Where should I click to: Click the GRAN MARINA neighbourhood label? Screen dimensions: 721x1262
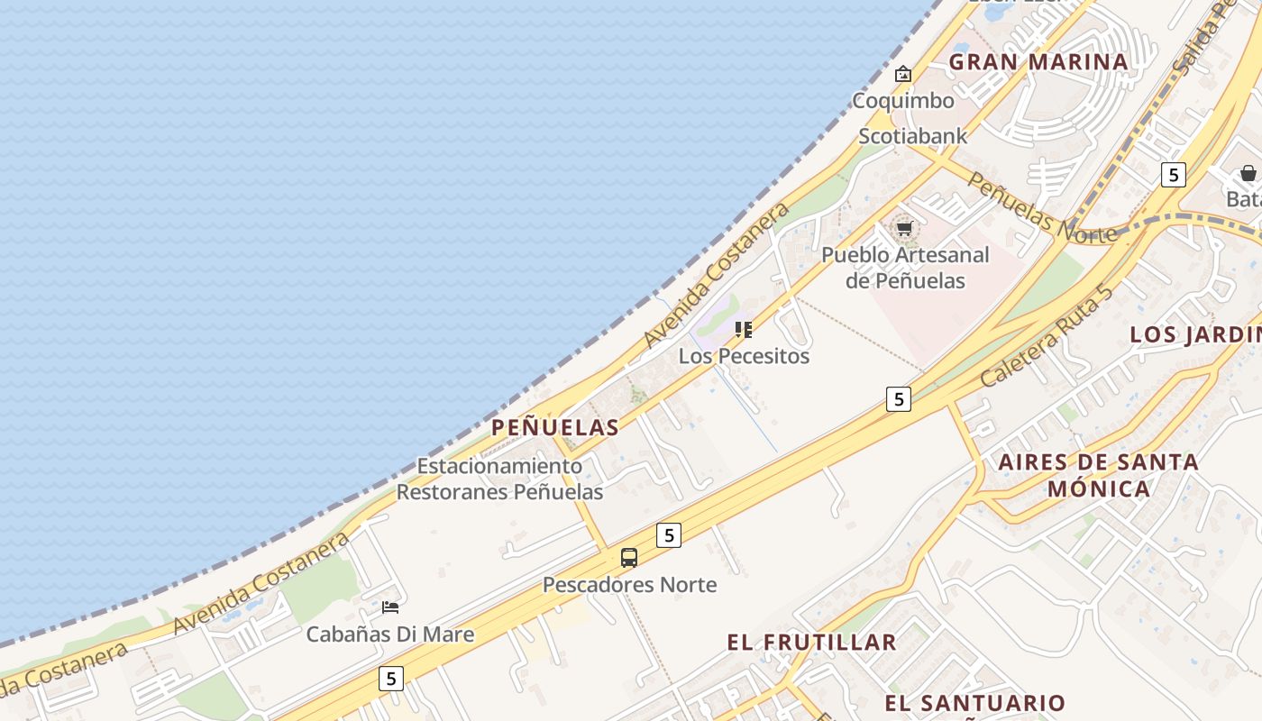pyautogui.click(x=1038, y=62)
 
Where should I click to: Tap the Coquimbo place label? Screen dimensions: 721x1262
pyautogui.click(x=902, y=101)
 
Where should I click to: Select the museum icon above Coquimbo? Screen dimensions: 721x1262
pyautogui.click(x=902, y=74)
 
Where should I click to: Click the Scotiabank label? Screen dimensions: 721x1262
pyautogui.click(x=912, y=136)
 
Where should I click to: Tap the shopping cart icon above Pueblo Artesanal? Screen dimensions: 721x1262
pyautogui.click(x=904, y=228)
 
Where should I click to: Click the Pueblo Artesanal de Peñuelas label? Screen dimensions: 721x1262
pyautogui.click(x=905, y=268)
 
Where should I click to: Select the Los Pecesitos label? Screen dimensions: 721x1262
pyautogui.click(x=744, y=356)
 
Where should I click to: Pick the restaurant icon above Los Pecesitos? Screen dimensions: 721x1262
pyautogui.click(x=744, y=330)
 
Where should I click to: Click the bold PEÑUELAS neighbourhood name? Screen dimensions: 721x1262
pyautogui.click(x=555, y=428)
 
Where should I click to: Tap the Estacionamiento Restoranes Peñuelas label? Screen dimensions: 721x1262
pyautogui.click(x=499, y=479)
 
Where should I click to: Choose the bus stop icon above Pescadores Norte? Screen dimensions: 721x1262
pyautogui.click(x=629, y=558)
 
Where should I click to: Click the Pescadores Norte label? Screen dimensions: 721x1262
pyautogui.click(x=629, y=585)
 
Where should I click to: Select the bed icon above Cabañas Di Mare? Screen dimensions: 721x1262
pyautogui.click(x=390, y=607)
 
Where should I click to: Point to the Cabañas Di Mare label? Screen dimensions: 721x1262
pyautogui.click(x=390, y=634)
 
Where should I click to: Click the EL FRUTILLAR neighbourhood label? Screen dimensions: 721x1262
pyautogui.click(x=811, y=643)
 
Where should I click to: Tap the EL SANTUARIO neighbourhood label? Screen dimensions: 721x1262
pyautogui.click(x=974, y=703)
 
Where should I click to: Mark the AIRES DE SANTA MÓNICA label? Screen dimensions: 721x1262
pyautogui.click(x=1098, y=476)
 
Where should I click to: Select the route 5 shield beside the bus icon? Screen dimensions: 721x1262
pyautogui.click(x=668, y=534)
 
